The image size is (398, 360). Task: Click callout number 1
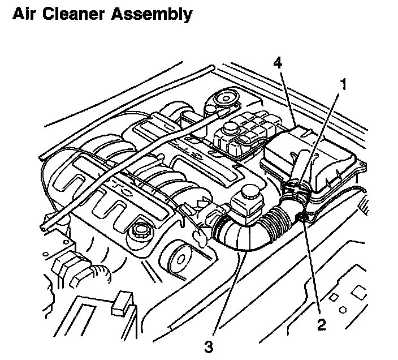click(x=341, y=84)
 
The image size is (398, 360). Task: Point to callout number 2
click(x=321, y=324)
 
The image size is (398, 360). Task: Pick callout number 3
click(x=209, y=346)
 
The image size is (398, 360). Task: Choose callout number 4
click(x=277, y=62)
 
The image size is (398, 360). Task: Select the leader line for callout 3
click(x=226, y=294)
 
